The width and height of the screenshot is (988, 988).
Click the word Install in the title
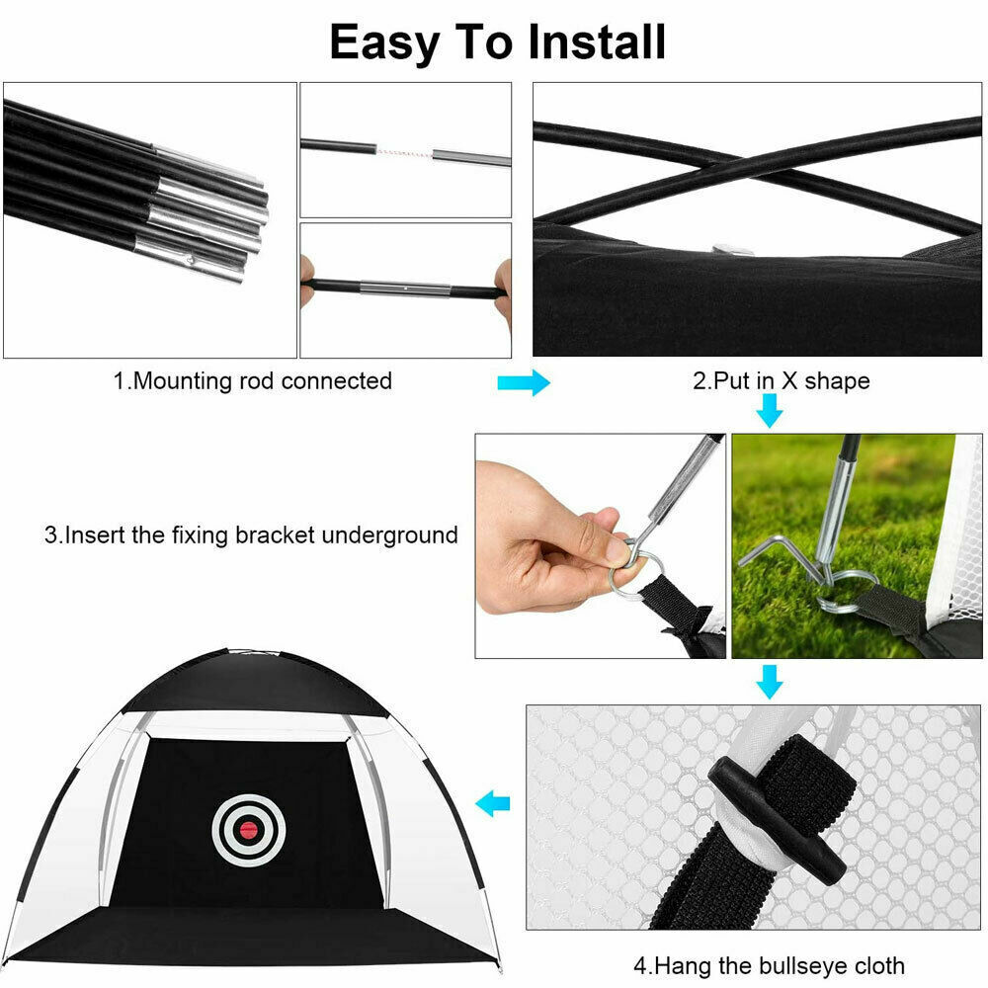583,41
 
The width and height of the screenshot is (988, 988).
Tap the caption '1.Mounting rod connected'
252,380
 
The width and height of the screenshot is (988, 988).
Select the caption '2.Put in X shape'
781,380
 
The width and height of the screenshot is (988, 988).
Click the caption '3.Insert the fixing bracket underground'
251,535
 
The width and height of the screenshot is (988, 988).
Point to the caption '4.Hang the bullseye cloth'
769,964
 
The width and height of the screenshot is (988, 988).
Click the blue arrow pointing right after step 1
523,383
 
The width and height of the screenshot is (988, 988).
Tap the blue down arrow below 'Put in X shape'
770,411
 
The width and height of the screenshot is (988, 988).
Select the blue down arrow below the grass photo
770,682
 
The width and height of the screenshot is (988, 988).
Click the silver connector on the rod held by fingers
392,288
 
